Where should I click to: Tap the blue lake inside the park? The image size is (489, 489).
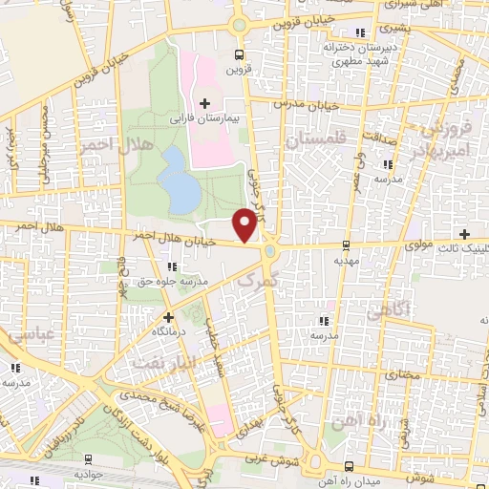click(181, 181)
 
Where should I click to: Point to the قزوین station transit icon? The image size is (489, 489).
click(238, 54)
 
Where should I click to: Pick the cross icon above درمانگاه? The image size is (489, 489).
click(169, 316)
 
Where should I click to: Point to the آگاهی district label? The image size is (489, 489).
click(387, 308)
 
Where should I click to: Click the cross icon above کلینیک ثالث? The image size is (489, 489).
click(464, 233)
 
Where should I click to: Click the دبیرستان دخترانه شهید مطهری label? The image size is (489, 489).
click(357, 53)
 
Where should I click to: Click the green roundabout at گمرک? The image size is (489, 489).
click(271, 251)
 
